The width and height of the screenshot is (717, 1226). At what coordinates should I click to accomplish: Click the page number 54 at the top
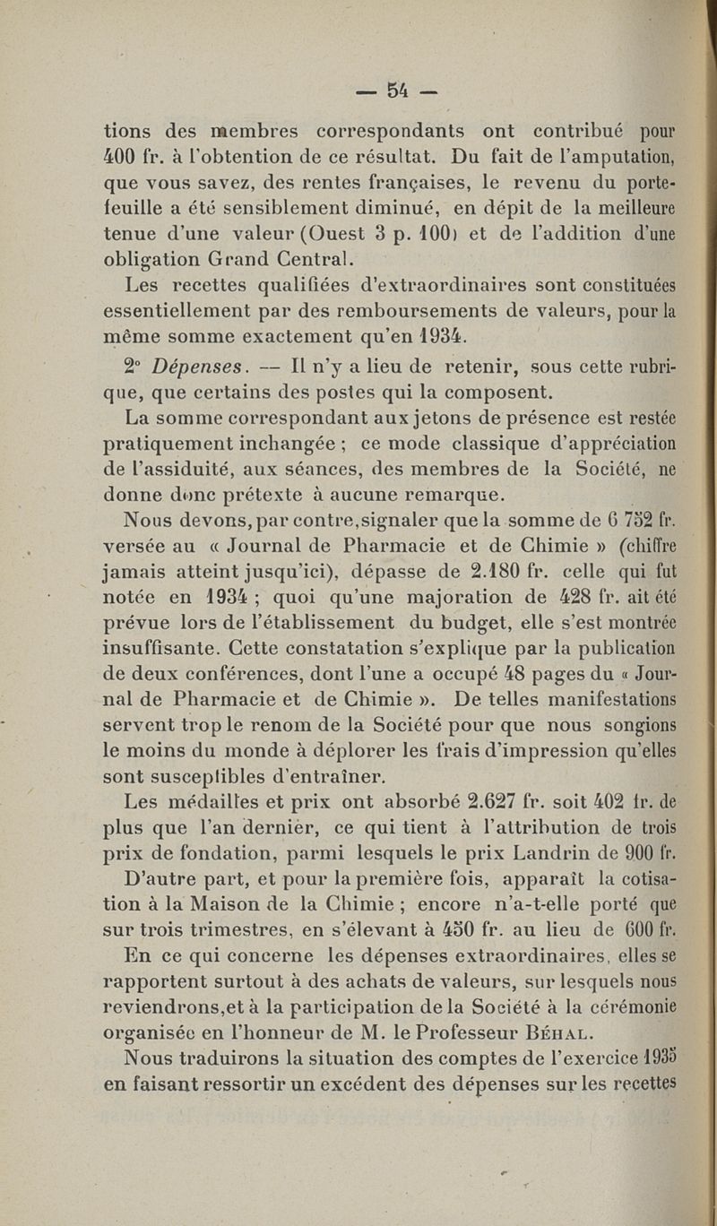click(x=398, y=90)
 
